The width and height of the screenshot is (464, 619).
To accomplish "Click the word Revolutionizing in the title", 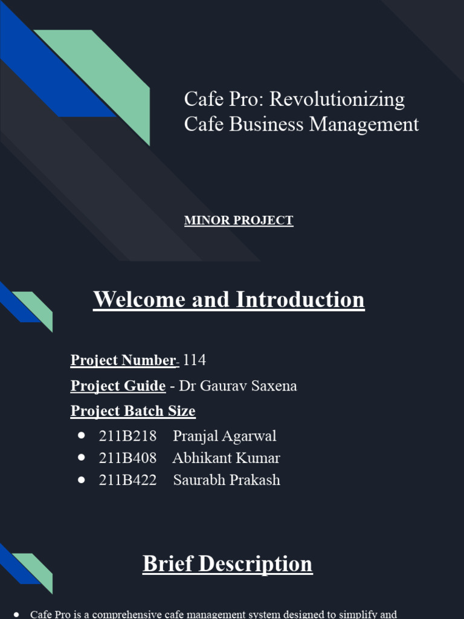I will pyautogui.click(x=337, y=99).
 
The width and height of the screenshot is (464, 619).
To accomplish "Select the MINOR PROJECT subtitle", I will pyautogui.click(x=239, y=221).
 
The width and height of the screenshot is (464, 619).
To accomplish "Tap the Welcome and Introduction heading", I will pyautogui.click(x=229, y=300).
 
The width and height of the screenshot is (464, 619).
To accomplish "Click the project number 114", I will pyautogui.click(x=194, y=360).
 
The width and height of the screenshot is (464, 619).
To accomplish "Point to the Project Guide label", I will pyautogui.click(x=118, y=386).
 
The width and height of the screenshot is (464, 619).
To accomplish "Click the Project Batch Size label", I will pyautogui.click(x=133, y=411).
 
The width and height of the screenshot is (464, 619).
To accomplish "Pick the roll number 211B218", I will pyautogui.click(x=127, y=436).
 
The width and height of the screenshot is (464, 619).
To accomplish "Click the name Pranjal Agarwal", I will pyautogui.click(x=224, y=436).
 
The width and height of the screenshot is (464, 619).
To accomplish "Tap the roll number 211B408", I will pyautogui.click(x=127, y=458).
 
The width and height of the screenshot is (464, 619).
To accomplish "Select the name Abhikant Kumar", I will pyautogui.click(x=226, y=458).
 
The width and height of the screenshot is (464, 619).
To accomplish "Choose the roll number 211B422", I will pyautogui.click(x=127, y=480).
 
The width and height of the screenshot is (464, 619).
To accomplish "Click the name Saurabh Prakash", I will pyautogui.click(x=227, y=480).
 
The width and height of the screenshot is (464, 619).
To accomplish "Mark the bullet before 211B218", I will pyautogui.click(x=82, y=435).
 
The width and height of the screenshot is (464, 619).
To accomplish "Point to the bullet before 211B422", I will pyautogui.click(x=82, y=479).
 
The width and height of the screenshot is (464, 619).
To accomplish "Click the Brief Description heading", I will pyautogui.click(x=228, y=564).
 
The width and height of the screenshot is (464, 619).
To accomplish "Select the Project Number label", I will pyautogui.click(x=123, y=360).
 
